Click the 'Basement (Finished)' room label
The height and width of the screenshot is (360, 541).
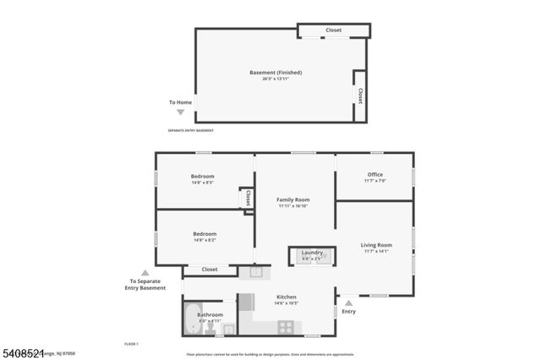coord(276,73)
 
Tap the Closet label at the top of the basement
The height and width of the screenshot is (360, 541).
coord(334,30)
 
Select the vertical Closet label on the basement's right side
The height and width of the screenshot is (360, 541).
coord(360,95)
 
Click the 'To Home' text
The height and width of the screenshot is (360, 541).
coord(180,102)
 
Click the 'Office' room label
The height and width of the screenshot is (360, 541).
coord(374,175)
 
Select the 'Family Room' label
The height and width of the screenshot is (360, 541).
coord(292,199)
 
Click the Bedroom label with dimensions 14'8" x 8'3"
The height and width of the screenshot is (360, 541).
coord(202,177)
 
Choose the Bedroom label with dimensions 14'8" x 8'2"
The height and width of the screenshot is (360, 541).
coord(205,234)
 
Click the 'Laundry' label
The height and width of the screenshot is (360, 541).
coord(313,253)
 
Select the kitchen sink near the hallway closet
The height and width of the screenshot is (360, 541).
coord(257,272)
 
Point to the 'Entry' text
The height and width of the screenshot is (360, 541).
coord(348,312)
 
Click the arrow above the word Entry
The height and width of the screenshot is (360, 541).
coord(348,301)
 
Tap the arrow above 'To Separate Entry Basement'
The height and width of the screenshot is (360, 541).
coord(145,272)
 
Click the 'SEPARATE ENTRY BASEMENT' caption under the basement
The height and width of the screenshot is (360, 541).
coord(190,130)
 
